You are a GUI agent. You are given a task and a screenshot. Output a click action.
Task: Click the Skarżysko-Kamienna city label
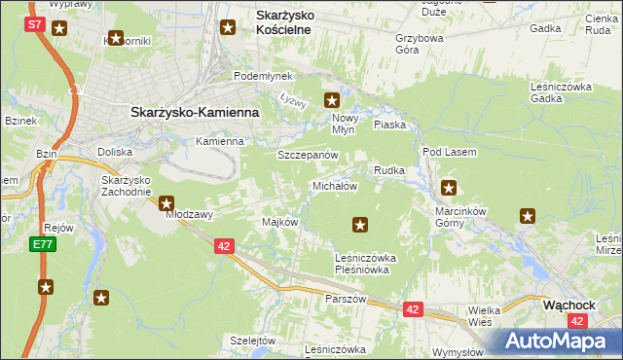(195, 112)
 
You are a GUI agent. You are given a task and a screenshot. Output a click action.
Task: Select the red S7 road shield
(34, 22)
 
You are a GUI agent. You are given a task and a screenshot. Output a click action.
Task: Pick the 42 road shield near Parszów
(414, 309)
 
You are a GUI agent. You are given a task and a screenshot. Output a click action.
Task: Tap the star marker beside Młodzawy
(166, 204)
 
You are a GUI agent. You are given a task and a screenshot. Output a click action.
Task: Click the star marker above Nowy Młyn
(332, 99)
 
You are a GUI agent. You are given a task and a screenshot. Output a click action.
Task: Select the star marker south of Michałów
(360, 226)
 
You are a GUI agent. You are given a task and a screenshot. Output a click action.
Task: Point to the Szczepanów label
(307, 155)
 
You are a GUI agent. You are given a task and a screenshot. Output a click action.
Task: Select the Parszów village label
(346, 299)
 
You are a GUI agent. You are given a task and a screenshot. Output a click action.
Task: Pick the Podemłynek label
(262, 76)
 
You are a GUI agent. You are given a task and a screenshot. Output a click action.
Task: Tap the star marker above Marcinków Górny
(449, 187)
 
